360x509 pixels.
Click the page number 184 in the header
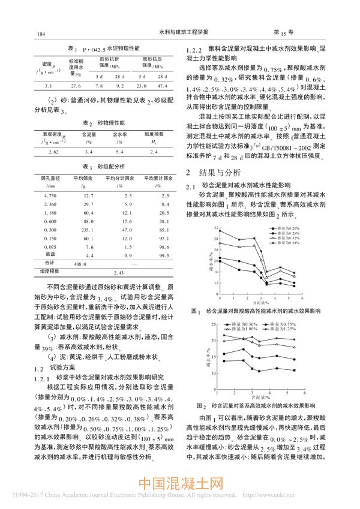(x=41, y=34)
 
